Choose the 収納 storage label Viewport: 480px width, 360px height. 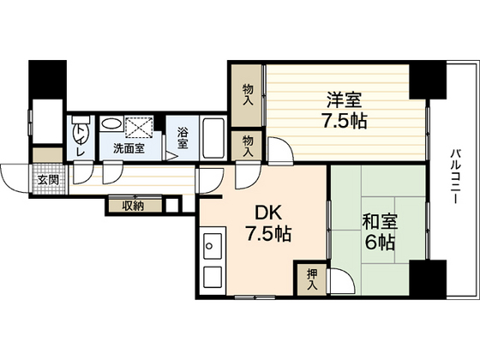coord(132,205)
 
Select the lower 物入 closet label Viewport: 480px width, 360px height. coord(248,143)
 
